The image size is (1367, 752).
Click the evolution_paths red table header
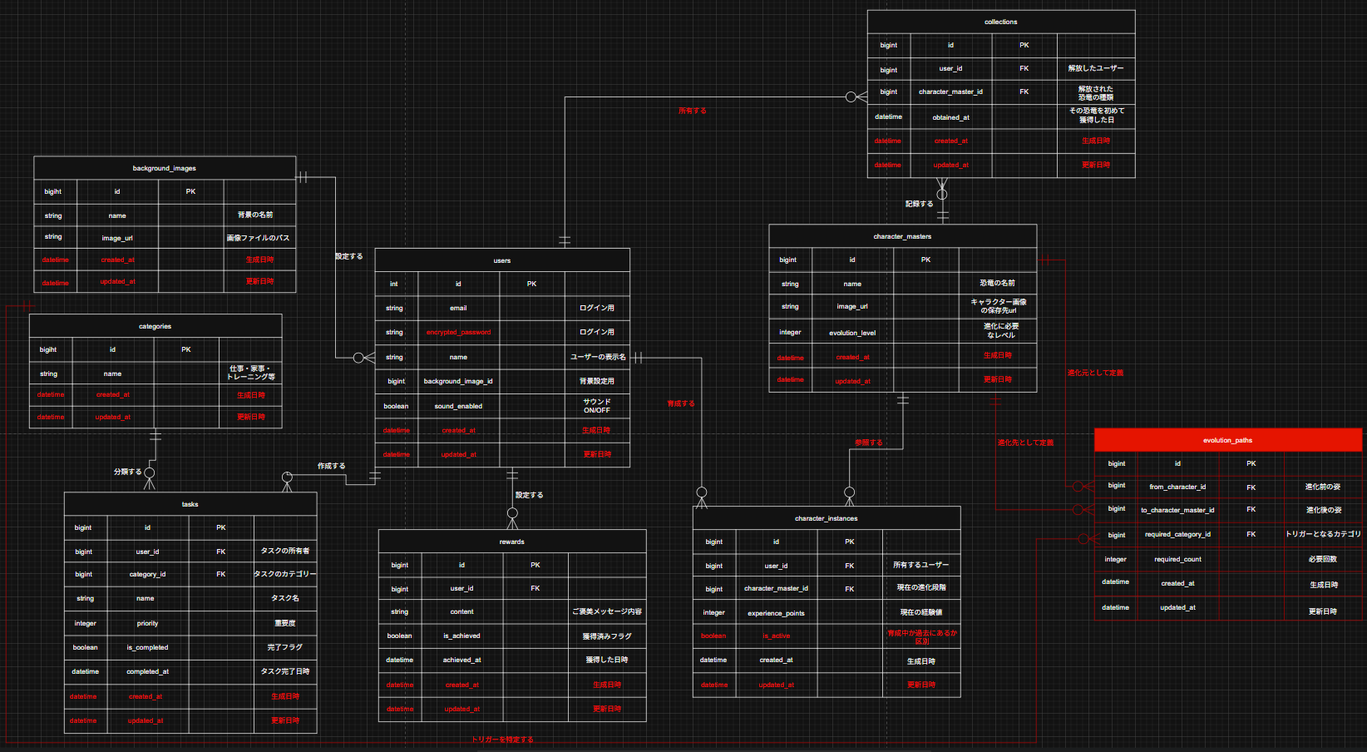[1227, 440]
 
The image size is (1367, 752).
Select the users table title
[502, 260]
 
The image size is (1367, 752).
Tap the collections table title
[1000, 22]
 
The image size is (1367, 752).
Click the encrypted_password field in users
[458, 333]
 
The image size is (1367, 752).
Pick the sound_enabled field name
[458, 406]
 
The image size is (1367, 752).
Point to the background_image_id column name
[458, 381]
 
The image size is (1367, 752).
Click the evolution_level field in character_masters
[852, 333]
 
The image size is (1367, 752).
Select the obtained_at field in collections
[950, 117]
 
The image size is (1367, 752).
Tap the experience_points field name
[776, 613]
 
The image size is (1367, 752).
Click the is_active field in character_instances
[776, 636]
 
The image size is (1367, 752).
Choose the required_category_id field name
[1177, 535]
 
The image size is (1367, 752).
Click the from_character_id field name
[1177, 487]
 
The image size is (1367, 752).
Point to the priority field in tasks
[147, 623]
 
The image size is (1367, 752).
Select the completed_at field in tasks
[147, 671]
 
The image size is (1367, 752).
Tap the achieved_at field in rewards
[461, 660]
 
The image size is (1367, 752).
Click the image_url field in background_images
[117, 238]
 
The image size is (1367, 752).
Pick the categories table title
[155, 326]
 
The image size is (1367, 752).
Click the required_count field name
[1177, 559]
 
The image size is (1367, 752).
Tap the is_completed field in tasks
[147, 647]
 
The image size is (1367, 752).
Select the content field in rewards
[461, 611]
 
